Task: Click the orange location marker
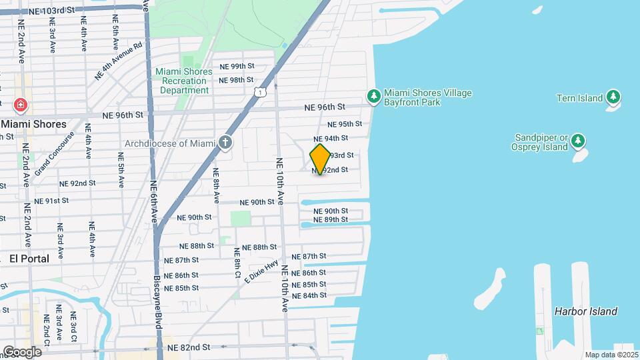[x=320, y=159]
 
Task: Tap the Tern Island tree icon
[x=613, y=98]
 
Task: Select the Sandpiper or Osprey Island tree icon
[x=578, y=141]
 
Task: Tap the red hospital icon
[x=21, y=105]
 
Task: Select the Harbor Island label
[x=585, y=311]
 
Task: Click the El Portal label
[x=29, y=259]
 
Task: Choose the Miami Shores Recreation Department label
[x=182, y=81]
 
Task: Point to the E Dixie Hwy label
[x=261, y=271]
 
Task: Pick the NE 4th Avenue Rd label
[x=119, y=62]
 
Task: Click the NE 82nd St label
[x=188, y=347]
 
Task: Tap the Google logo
[x=22, y=352]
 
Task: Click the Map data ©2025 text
[x=611, y=355]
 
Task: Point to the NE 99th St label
[x=237, y=67]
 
